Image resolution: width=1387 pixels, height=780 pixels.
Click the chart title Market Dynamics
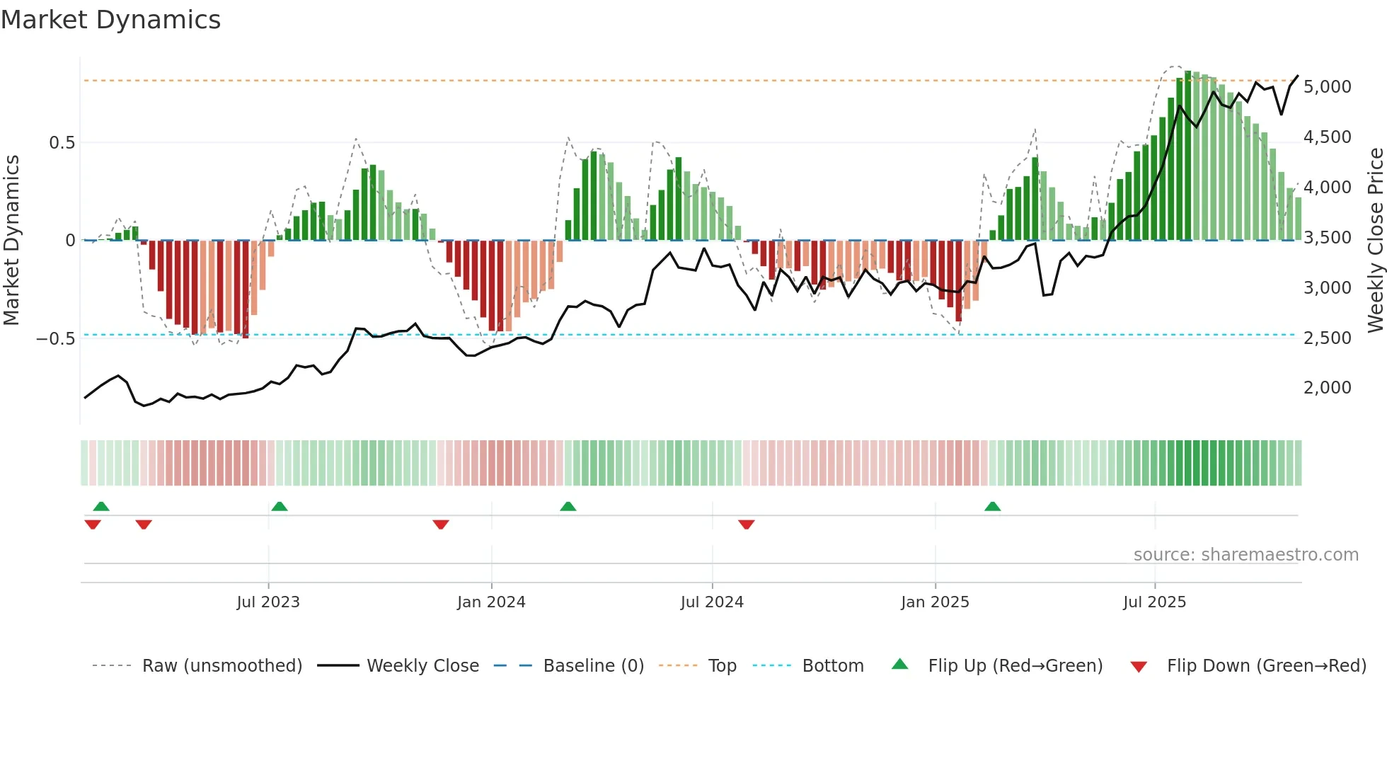click(x=110, y=20)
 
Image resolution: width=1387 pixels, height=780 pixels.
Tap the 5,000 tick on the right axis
click(x=1327, y=87)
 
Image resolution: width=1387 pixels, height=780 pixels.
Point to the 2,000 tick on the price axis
click(x=1327, y=388)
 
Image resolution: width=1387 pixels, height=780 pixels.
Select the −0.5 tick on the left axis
click(x=56, y=339)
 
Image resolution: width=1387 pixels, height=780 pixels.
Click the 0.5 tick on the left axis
click(x=62, y=143)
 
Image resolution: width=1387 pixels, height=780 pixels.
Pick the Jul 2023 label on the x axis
click(x=268, y=602)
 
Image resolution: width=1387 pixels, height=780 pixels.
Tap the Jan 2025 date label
click(x=935, y=602)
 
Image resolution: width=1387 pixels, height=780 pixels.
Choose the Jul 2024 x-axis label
click(x=712, y=602)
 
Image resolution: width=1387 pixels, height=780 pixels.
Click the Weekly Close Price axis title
click(x=1375, y=240)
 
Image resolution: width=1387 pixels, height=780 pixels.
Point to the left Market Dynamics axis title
click(x=11, y=240)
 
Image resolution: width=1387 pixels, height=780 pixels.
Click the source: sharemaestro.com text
click(x=1245, y=555)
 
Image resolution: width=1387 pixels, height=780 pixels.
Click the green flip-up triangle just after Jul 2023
click(x=280, y=507)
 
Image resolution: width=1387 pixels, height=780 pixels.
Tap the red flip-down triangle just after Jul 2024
click(x=747, y=524)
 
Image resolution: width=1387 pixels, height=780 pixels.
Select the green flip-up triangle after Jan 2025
click(x=993, y=507)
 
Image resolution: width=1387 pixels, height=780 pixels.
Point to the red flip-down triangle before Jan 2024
click(x=441, y=524)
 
